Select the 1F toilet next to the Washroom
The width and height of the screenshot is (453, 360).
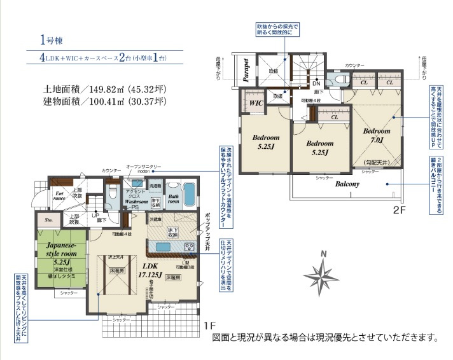tap(113, 191)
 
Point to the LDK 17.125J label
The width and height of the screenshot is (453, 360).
tap(153, 271)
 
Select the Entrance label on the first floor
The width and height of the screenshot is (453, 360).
tap(60, 195)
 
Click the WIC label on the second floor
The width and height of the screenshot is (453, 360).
tap(256, 102)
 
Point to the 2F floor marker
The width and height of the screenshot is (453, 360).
tap(399, 209)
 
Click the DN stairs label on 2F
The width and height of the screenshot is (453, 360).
tap(316, 83)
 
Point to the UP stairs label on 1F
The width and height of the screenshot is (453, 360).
tap(95, 216)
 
